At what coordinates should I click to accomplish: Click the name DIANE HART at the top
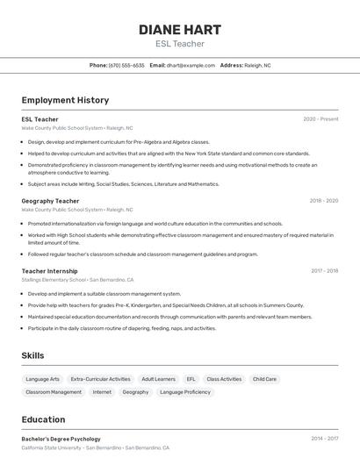pos(179,30)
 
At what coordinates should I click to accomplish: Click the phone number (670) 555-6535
pos(126,65)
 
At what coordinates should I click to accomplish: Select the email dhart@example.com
pos(191,65)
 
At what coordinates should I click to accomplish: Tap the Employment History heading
pos(65,100)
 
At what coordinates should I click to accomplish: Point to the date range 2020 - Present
pos(320,118)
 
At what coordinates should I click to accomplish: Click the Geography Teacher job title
pos(50,201)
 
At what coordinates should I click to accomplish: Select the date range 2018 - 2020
pos(323,201)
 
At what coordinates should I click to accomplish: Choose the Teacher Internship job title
pos(49,271)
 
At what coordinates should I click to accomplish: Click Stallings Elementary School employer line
pos(77,280)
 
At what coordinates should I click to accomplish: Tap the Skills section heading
pos(32,355)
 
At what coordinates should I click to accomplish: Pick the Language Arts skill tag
pos(42,379)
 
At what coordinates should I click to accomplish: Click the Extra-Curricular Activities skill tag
pos(100,379)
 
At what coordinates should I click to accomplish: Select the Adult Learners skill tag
pos(158,379)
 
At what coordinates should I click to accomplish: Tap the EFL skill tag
pos(191,379)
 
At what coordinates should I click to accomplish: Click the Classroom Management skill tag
pos(54,392)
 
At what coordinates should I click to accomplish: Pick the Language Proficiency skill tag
pos(184,392)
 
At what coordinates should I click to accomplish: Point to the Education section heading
pos(43,419)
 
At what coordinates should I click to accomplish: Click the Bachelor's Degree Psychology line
pos(61,439)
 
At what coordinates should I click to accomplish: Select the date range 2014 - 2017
pos(324,438)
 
